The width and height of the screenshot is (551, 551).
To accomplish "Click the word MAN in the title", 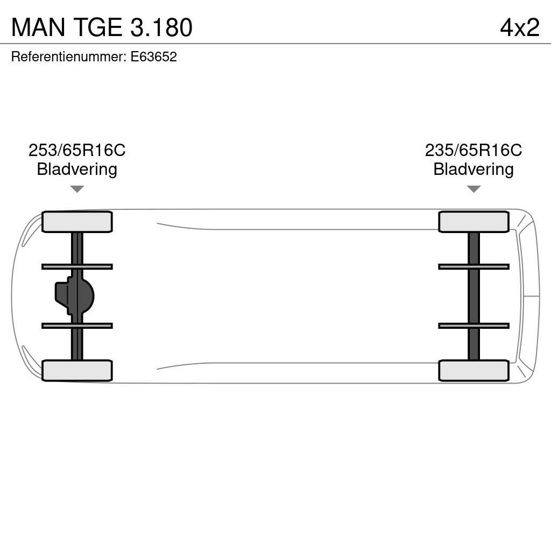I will pos(37,27).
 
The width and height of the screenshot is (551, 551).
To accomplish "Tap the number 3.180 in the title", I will pos(161,27).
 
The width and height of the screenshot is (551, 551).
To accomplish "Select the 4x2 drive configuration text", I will pos(519,27).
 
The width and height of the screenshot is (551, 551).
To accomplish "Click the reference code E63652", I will pos(154,57).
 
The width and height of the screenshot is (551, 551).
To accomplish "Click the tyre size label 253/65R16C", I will pos(77,150).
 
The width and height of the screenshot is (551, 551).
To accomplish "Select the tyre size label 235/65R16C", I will pos(474,150).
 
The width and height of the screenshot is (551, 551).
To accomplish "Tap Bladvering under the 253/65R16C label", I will pos(77,169).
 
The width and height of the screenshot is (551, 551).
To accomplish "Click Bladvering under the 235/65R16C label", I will pos(474,169).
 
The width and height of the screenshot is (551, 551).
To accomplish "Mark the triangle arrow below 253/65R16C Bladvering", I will pos(77,189).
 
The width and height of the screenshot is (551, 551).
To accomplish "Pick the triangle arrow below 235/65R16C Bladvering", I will pos(474,189).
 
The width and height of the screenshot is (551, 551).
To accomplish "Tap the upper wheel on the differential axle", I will pos(77,222).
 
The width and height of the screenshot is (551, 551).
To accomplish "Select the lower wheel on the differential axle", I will pos(77,371).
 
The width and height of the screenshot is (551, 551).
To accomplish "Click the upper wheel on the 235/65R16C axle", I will pos(474,222).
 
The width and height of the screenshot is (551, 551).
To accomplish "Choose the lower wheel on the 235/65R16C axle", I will pos(474,371).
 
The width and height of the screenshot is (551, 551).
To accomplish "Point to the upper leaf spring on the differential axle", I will pos(77,266).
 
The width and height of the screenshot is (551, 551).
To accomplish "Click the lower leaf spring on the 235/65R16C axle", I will pos(474,326).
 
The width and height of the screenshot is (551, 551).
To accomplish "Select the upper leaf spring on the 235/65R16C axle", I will pos(474,266).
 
